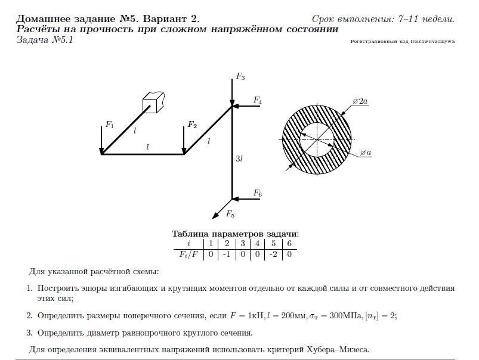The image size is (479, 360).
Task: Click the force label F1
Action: [x=109, y=125]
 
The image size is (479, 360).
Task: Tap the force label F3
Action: [x=240, y=77]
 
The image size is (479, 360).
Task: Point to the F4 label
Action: [x=257, y=100]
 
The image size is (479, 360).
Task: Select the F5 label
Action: [x=230, y=215]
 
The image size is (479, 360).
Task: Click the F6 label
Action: [x=257, y=193]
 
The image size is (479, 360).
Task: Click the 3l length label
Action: [x=239, y=159]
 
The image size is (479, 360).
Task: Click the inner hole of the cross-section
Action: [x=316, y=139]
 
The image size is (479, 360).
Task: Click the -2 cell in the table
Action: [x=272, y=254]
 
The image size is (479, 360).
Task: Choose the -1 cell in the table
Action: [x=225, y=254]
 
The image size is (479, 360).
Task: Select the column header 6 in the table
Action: [x=289, y=243]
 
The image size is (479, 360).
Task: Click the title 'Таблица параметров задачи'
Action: [x=235, y=234]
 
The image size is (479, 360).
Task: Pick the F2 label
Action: [x=191, y=125]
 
